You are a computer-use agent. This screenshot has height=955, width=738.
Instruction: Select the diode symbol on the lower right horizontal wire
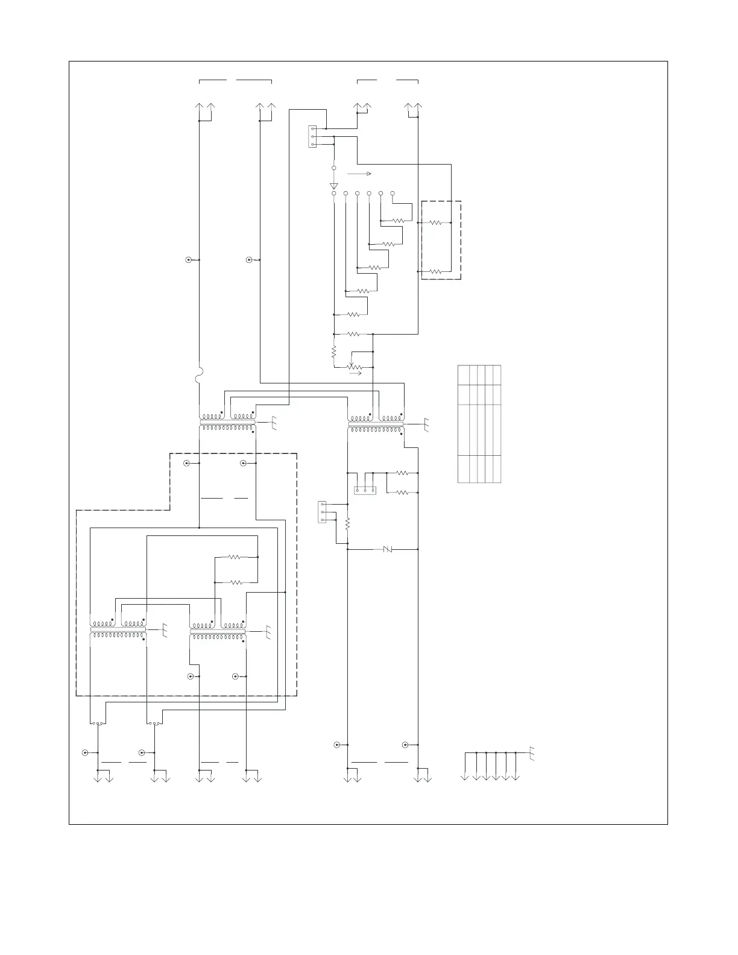388,549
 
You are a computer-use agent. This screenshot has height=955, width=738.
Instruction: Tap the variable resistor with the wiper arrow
356,367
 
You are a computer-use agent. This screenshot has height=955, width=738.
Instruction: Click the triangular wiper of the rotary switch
333,185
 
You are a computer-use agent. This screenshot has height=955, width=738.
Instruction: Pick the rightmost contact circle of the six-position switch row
393,193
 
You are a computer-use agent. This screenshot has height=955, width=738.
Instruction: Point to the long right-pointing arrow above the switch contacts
359,173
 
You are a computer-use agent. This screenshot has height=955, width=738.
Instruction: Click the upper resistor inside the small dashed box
435,222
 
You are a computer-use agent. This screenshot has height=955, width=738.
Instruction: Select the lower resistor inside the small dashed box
435,272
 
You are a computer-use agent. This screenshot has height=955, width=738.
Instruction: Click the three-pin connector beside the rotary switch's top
312,136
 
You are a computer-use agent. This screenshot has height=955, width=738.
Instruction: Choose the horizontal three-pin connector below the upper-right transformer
365,491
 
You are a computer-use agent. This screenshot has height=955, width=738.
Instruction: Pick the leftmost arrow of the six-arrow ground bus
465,777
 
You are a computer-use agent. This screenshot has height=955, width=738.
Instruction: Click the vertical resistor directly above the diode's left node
348,524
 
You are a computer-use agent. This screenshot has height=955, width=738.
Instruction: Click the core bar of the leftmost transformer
118,629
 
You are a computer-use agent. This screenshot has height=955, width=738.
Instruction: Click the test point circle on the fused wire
189,260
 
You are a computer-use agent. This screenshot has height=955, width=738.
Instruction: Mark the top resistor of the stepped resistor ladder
398,221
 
